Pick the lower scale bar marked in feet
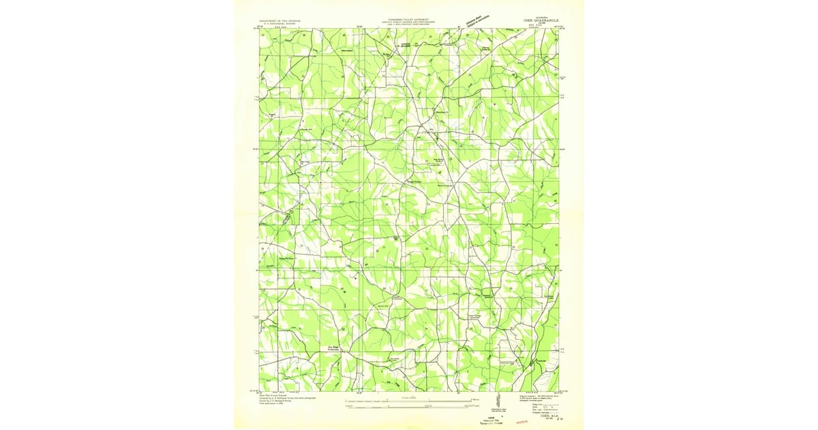coord(409,407)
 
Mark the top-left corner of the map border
coord(260,29)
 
